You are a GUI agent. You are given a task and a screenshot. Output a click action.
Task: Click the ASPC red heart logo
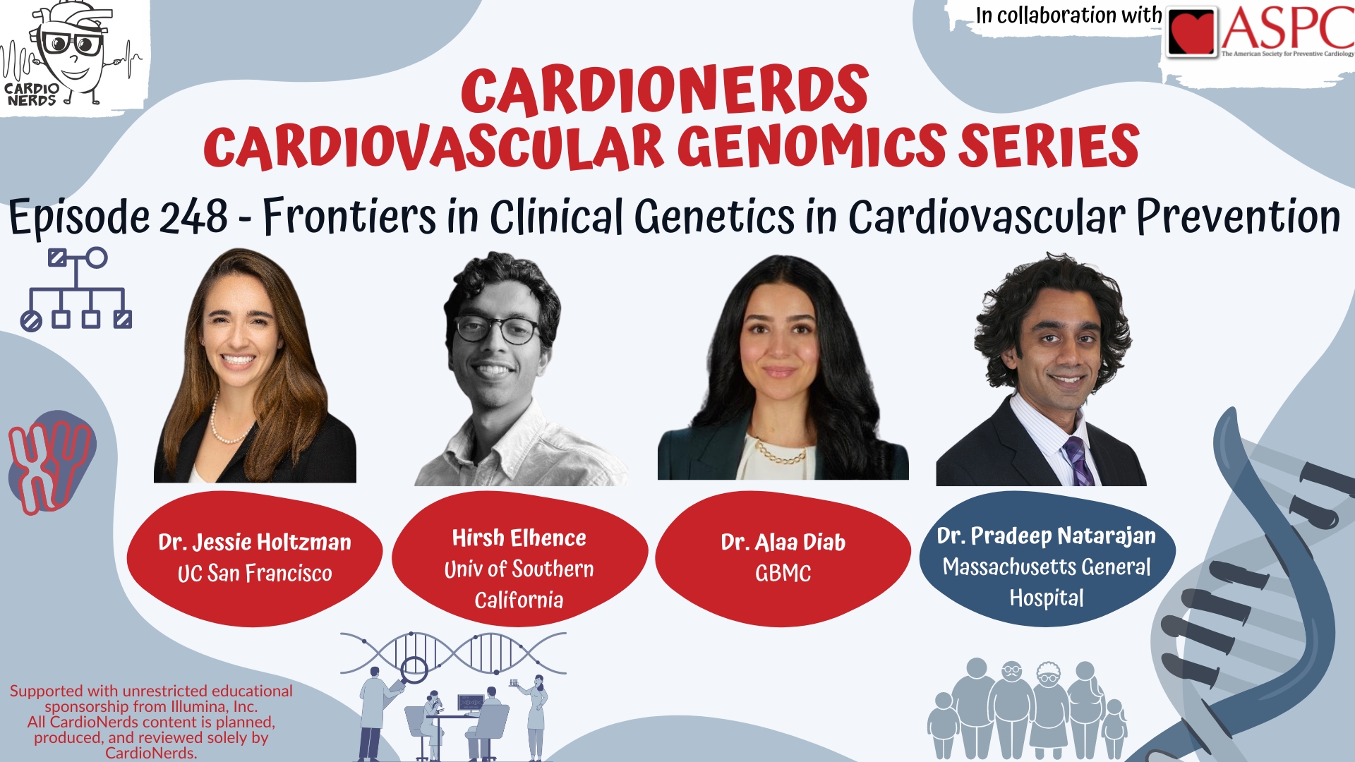pos(1193,32)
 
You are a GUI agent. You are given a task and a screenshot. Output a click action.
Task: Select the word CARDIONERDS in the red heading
pos(665,90)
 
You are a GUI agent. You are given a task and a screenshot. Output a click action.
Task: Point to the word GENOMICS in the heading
pos(812,147)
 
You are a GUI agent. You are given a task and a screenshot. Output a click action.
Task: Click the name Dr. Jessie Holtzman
pos(255,542)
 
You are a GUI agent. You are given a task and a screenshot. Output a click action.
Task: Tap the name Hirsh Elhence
pos(519,538)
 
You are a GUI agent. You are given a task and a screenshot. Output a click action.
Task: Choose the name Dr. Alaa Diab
pos(783,542)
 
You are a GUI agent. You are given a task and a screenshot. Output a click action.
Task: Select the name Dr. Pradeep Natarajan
pos(1047,536)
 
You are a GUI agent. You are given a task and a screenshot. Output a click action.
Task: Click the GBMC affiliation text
pos(783,573)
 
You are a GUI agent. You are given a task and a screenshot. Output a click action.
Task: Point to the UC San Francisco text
pos(255,573)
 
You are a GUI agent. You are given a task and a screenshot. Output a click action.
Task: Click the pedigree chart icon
pos(76,289)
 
